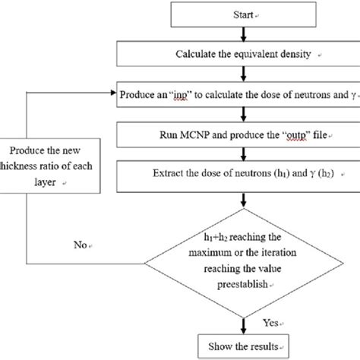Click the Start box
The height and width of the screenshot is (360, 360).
242,15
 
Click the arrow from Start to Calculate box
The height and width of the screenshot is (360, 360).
242,35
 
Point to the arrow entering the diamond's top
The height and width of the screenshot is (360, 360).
242,201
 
